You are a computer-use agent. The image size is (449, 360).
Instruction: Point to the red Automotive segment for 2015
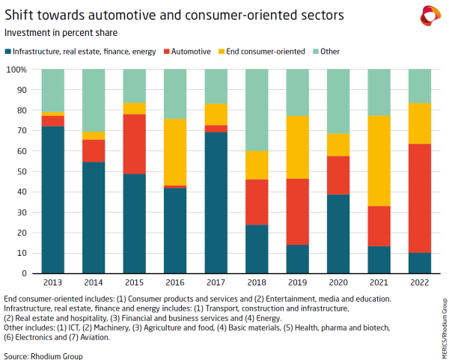tap(134, 144)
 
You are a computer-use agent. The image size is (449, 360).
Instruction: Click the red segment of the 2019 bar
tap(298, 211)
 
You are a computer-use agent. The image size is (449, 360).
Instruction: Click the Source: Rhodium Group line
tap(43, 356)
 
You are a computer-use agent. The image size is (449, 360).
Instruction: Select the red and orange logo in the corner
tap(430, 15)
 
